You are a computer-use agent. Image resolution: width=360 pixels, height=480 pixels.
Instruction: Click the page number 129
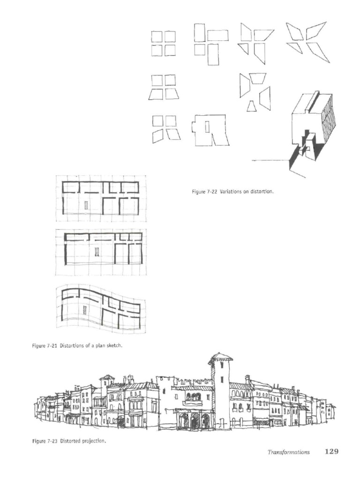(x=331, y=452)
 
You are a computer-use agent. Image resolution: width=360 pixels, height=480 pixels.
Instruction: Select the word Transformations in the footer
(x=288, y=452)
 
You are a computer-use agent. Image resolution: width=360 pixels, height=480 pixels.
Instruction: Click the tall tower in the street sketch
(x=220, y=394)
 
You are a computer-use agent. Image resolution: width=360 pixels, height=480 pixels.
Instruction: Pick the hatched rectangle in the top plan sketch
(x=86, y=205)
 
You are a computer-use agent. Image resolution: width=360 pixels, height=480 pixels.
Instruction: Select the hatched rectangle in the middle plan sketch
(x=97, y=252)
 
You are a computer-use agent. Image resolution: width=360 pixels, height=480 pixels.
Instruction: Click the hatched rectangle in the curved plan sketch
(x=85, y=310)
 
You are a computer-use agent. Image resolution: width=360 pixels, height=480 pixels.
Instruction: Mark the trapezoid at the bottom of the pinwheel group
(x=252, y=106)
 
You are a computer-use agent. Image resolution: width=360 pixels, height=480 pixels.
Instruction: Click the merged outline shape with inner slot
(x=210, y=130)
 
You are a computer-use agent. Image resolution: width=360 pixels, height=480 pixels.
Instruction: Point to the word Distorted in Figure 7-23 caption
(x=70, y=441)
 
